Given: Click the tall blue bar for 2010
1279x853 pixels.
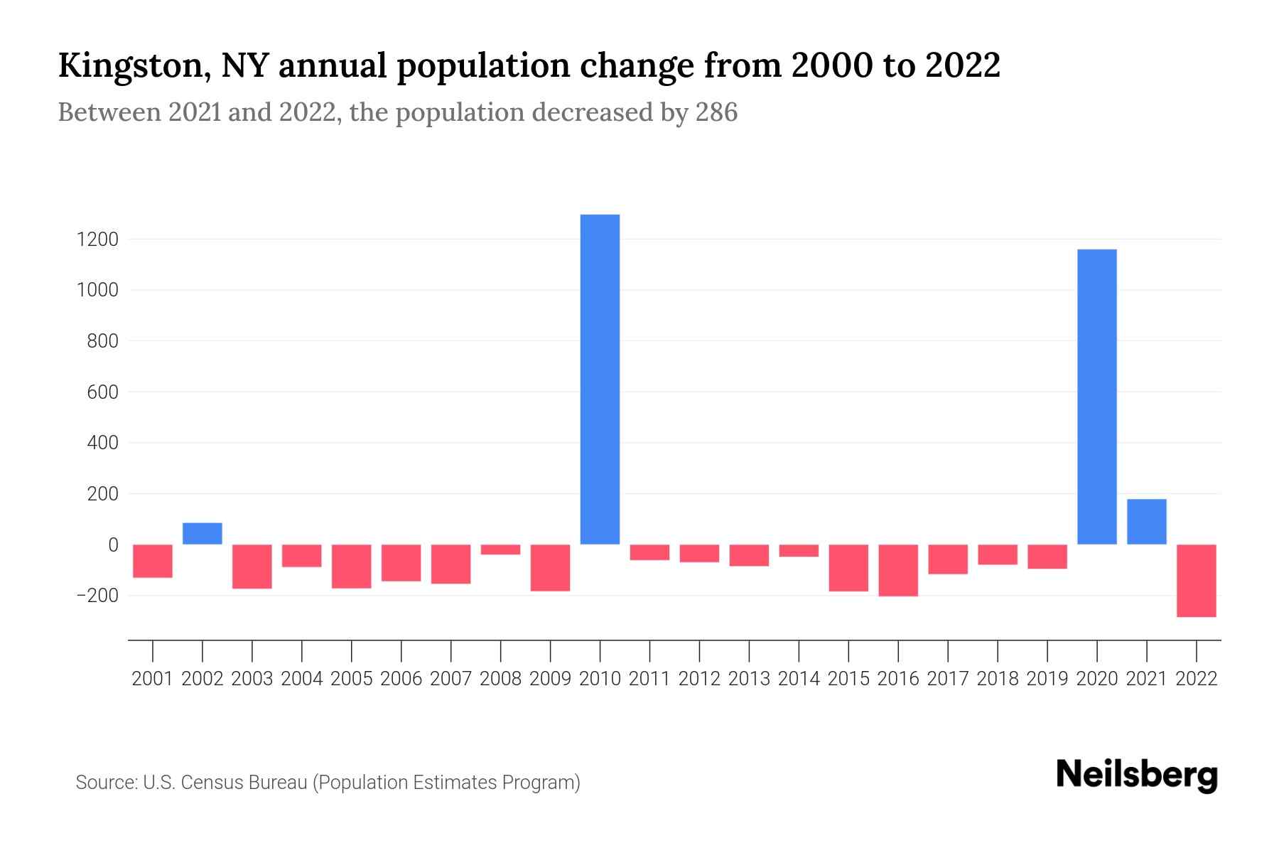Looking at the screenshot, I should [x=600, y=379].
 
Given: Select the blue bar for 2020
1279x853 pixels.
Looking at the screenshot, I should [x=1096, y=397].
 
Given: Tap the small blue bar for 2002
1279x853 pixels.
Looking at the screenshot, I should [x=203, y=534].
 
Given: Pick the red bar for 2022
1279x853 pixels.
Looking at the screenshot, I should [x=1196, y=580].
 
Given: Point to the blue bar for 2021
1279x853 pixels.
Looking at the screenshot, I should [x=1146, y=522].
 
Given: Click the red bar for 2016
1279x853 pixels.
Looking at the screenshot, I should [x=898, y=570].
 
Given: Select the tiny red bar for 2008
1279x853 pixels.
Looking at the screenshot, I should [x=500, y=549].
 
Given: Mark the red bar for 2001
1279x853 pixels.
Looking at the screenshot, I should [x=153, y=561].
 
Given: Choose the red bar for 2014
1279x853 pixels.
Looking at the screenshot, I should [x=799, y=551].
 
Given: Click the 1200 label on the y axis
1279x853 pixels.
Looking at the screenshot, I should [x=97, y=240].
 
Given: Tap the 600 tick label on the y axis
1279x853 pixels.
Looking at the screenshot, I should [x=102, y=392].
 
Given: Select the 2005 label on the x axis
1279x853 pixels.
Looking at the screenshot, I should [x=352, y=679].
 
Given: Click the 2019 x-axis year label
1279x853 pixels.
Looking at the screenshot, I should [x=1047, y=679].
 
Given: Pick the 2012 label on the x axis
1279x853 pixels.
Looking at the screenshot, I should [x=699, y=679].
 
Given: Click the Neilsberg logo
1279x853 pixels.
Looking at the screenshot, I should [x=1137, y=776].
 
